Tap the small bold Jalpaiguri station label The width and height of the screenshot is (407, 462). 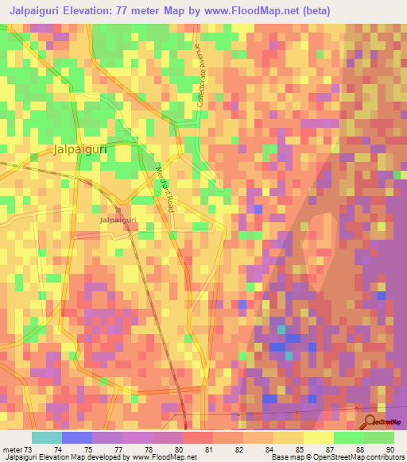click(x=118, y=219)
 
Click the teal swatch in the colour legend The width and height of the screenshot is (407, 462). click(x=47, y=437)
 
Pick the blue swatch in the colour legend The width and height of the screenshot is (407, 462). click(x=77, y=437)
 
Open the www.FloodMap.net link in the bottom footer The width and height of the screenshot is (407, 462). click(x=165, y=457)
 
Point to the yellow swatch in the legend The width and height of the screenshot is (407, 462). click(x=318, y=437)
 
